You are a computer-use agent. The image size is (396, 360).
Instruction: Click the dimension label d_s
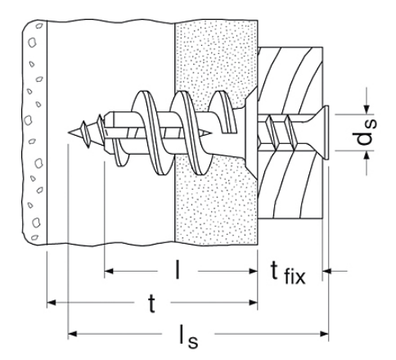(367, 132)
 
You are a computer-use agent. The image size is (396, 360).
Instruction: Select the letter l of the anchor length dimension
(178, 270)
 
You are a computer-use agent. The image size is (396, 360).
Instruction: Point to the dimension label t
(151, 304)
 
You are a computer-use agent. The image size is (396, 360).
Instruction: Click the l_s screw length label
(188, 336)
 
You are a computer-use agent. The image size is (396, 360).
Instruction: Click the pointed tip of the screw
(68, 133)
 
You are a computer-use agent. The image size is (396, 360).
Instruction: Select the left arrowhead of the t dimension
(52, 303)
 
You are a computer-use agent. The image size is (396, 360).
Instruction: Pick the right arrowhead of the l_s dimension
(325, 334)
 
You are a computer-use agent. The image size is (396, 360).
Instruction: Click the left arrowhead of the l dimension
(109, 271)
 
